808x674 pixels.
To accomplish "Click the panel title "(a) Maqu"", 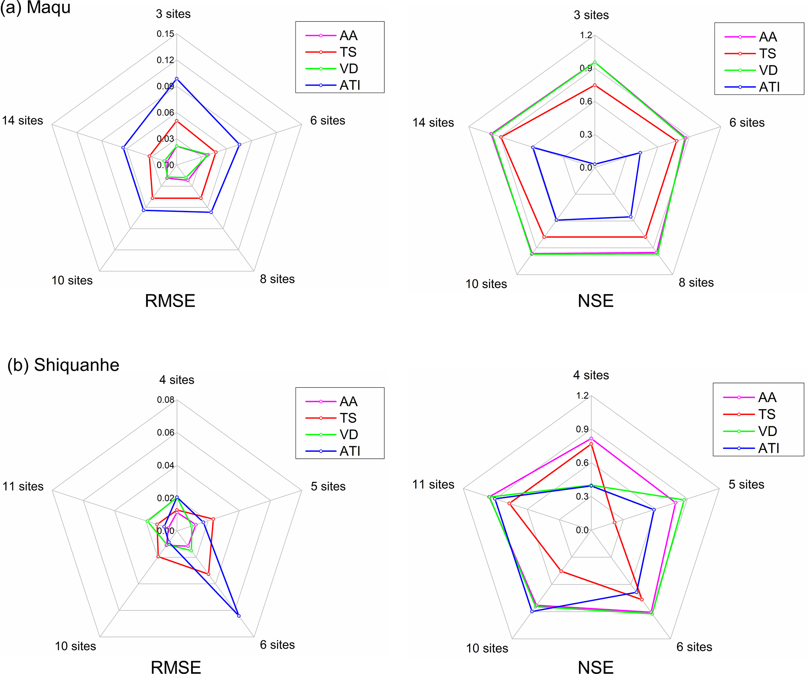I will (x=35, y=7).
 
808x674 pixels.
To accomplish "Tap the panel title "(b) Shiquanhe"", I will (x=63, y=365).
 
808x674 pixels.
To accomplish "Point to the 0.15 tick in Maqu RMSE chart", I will (x=165, y=34).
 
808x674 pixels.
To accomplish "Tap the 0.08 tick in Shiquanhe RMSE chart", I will (x=165, y=400).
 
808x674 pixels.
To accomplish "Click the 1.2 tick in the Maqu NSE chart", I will (x=586, y=36).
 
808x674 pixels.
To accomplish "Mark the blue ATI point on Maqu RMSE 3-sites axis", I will (x=177, y=79).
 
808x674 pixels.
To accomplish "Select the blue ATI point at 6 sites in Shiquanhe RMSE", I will (x=239, y=616).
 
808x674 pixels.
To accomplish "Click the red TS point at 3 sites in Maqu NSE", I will (x=595, y=85).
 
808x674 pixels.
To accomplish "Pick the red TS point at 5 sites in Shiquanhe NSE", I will (x=615, y=522).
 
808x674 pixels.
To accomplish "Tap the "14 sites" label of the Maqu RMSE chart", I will (x=23, y=120).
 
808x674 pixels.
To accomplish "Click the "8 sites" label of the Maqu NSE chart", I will (x=696, y=282).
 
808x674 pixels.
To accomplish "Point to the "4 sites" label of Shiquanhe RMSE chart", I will (x=177, y=380).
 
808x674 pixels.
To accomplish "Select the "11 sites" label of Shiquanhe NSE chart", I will (x=433, y=484).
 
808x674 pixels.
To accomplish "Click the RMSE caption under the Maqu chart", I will (x=170, y=301).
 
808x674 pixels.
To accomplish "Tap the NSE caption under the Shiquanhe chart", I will (x=595, y=667).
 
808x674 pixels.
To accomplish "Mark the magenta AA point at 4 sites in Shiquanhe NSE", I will (x=591, y=438).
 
